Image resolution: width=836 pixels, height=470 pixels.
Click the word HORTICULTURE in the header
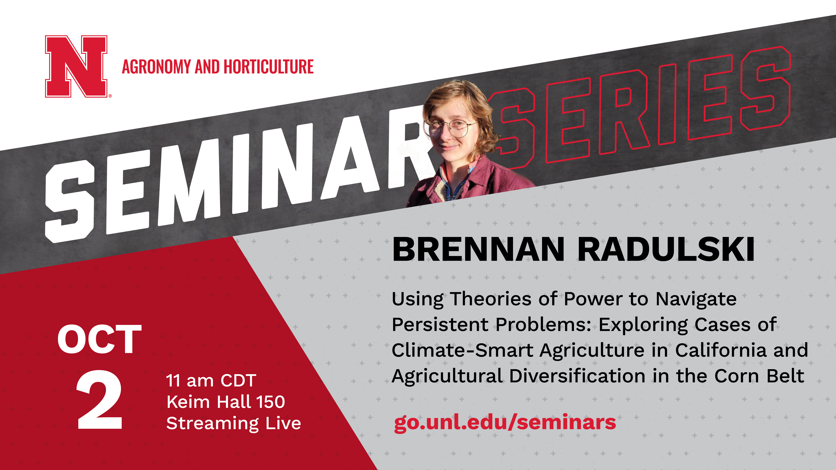click(x=269, y=67)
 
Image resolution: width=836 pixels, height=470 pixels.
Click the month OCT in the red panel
click(x=100, y=339)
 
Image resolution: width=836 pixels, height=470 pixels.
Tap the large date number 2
click(x=100, y=400)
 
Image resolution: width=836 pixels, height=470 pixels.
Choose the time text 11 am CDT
click(x=211, y=380)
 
